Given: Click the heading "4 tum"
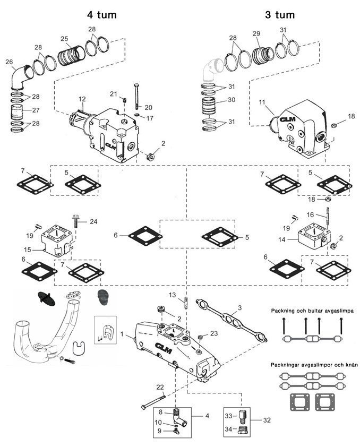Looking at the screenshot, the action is [102, 15].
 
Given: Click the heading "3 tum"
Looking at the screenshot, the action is [280, 15].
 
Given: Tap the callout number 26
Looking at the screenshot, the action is [9, 62].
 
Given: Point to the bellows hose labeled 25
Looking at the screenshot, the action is [71, 55].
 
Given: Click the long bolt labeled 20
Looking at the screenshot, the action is [137, 97].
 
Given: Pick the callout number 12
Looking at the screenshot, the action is [82, 99].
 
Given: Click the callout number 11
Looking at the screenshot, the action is [262, 102].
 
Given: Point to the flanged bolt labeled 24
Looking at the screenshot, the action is [76, 221].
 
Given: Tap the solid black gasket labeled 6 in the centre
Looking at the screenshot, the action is [145, 236].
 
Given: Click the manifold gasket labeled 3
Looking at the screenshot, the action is [232, 319].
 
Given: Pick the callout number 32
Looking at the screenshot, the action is [267, 420].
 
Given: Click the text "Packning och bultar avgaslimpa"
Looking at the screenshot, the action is [312, 311].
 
